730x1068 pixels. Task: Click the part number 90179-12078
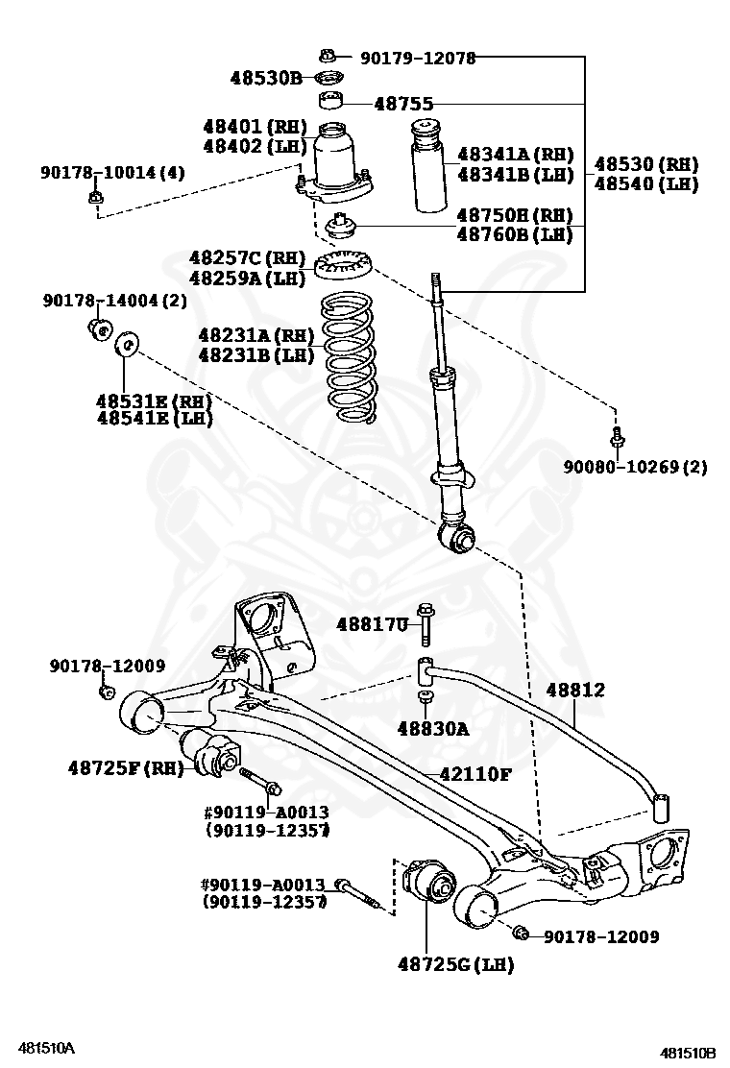418,59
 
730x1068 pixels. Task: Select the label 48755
403,104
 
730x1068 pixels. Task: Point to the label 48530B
266,78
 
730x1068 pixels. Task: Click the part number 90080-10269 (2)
634,467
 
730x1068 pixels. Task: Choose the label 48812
575,690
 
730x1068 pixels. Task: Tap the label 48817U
373,624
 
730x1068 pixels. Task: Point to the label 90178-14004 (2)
114,301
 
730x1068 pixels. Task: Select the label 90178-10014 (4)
112,173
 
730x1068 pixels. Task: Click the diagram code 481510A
43,1046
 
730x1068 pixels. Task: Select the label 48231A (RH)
256,335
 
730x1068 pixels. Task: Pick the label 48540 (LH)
645,183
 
